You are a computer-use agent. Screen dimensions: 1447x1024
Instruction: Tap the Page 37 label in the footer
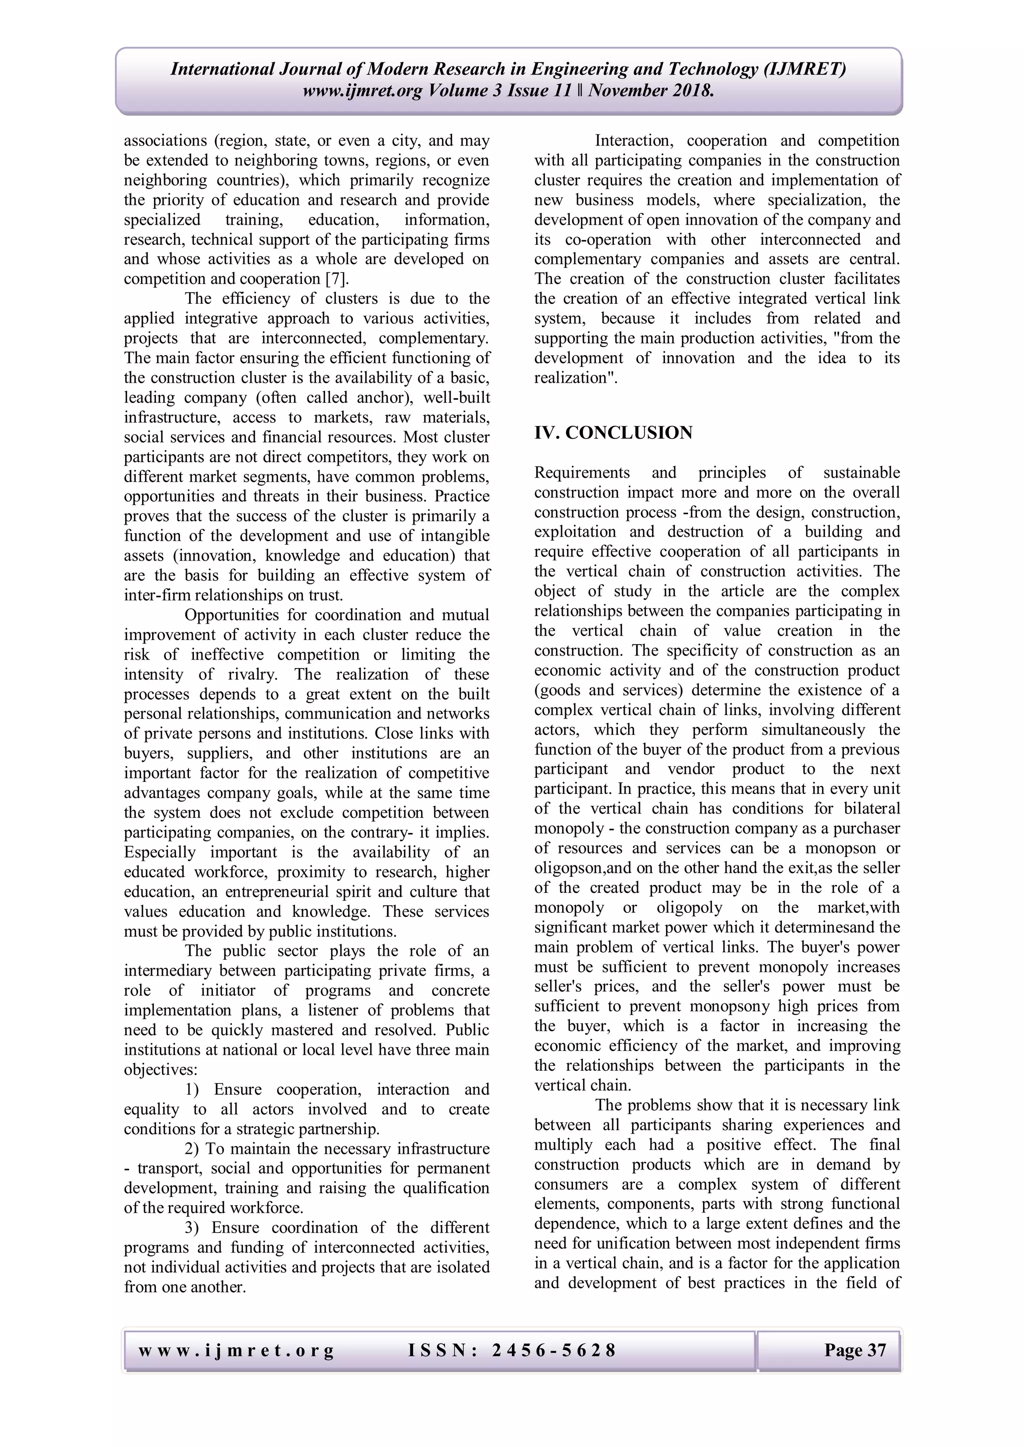tap(854, 1350)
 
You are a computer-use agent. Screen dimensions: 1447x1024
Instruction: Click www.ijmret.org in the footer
tap(236, 1350)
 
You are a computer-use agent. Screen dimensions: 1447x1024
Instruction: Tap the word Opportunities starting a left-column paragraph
tap(231, 615)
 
